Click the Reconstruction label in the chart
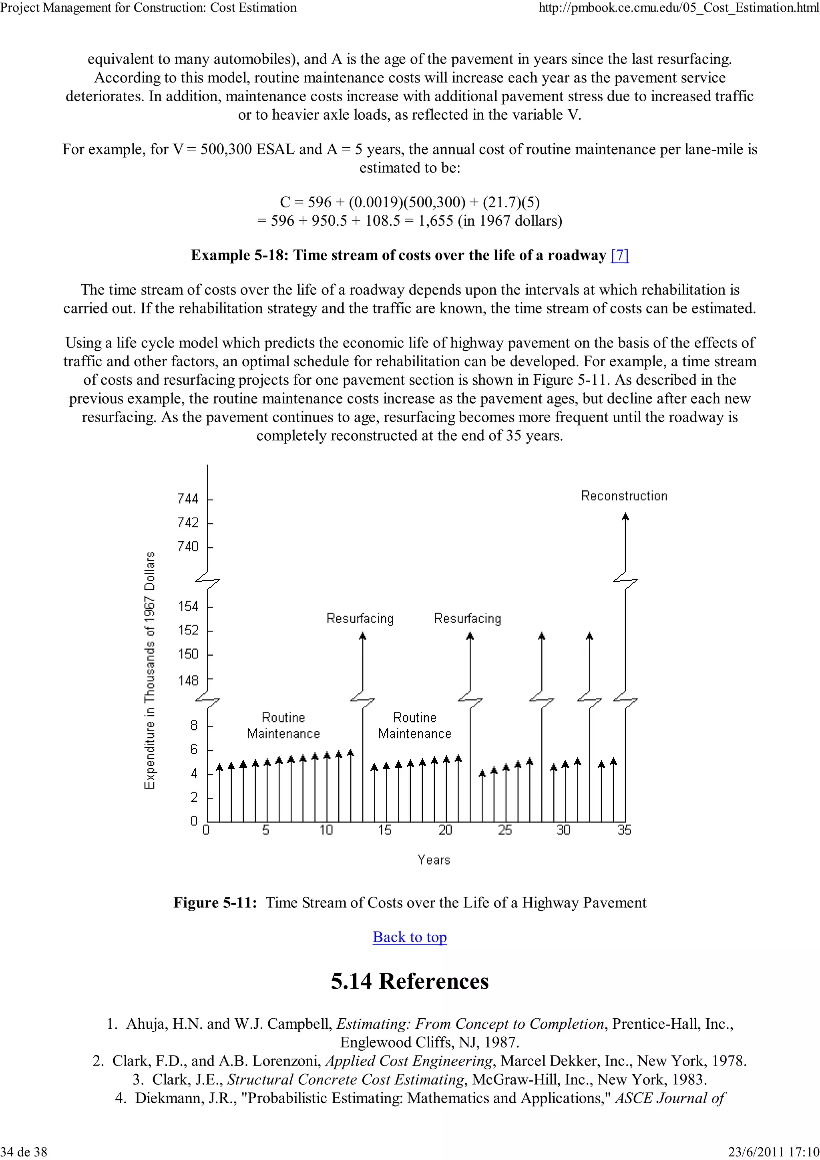point(623,496)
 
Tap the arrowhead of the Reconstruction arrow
point(625,516)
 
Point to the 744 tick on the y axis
point(188,499)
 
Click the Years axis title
point(434,859)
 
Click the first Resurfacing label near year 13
point(360,618)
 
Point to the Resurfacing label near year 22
point(467,618)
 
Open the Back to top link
point(409,937)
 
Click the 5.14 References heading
point(409,981)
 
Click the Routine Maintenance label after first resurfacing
point(414,726)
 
